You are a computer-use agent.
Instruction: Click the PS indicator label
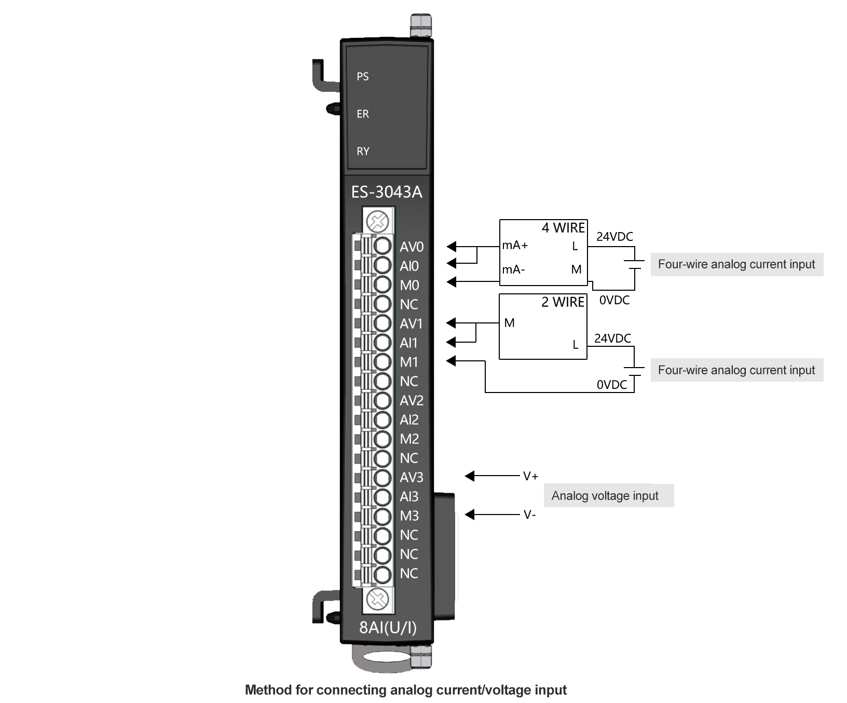tap(362, 77)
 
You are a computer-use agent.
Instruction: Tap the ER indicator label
tap(362, 114)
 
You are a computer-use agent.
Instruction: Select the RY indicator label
tap(363, 152)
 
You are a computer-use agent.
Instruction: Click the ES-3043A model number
tap(387, 192)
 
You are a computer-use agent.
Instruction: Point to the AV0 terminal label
tap(411, 247)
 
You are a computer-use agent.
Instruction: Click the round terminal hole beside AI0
tap(382, 265)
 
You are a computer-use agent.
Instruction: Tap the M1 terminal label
tap(408, 362)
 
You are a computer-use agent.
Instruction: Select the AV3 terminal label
tap(411, 478)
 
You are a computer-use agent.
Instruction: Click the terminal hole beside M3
tap(382, 516)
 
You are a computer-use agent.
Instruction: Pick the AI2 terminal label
tap(409, 420)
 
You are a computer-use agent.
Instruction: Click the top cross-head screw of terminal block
tap(378, 222)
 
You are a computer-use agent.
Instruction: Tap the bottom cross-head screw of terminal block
tap(378, 600)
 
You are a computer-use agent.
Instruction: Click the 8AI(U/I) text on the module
tap(388, 628)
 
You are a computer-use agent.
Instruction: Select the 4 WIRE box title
tap(563, 228)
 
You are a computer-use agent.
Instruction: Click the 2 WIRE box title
tap(563, 302)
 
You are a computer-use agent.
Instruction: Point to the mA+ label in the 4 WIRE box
tap(515, 246)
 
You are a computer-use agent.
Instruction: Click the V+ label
tap(530, 476)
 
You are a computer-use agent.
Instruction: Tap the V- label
tap(529, 515)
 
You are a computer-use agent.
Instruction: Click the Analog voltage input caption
tap(605, 496)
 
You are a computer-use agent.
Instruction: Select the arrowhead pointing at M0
tap(452, 282)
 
